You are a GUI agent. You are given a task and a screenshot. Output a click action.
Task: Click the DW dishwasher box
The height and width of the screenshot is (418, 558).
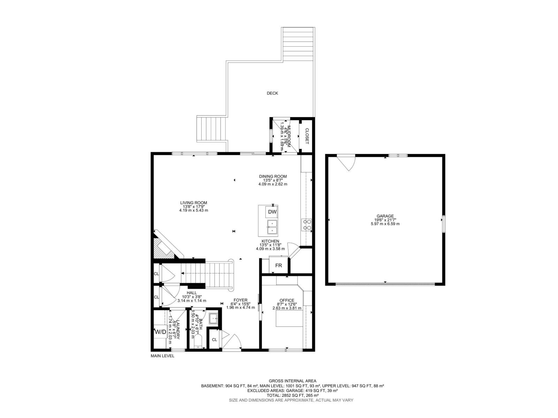point(272,212)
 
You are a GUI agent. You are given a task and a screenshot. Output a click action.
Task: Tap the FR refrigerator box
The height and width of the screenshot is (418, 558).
point(278,265)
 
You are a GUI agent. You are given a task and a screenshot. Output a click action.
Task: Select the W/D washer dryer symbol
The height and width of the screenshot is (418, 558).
point(160,332)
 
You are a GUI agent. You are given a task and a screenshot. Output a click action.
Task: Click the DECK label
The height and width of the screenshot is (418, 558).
point(272,93)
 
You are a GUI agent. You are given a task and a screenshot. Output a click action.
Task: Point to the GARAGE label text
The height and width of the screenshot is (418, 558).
point(385,216)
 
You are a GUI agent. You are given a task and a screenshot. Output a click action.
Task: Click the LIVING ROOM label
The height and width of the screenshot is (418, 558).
point(194,203)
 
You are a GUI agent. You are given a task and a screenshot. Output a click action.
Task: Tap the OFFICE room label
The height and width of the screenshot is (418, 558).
point(287,300)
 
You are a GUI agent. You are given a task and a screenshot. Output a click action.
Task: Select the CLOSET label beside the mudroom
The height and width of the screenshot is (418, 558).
point(307,136)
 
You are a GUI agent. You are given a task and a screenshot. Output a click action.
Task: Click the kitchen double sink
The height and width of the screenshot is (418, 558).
point(272,227)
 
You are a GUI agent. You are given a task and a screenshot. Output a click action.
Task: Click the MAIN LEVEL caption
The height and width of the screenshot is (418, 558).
point(162,356)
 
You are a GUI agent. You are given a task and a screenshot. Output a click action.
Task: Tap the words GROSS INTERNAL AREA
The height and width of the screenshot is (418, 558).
point(292,381)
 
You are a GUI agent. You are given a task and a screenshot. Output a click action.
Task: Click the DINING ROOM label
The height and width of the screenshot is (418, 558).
point(273,176)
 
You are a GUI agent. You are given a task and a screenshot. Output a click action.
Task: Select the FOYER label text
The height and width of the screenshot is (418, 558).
point(240,300)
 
